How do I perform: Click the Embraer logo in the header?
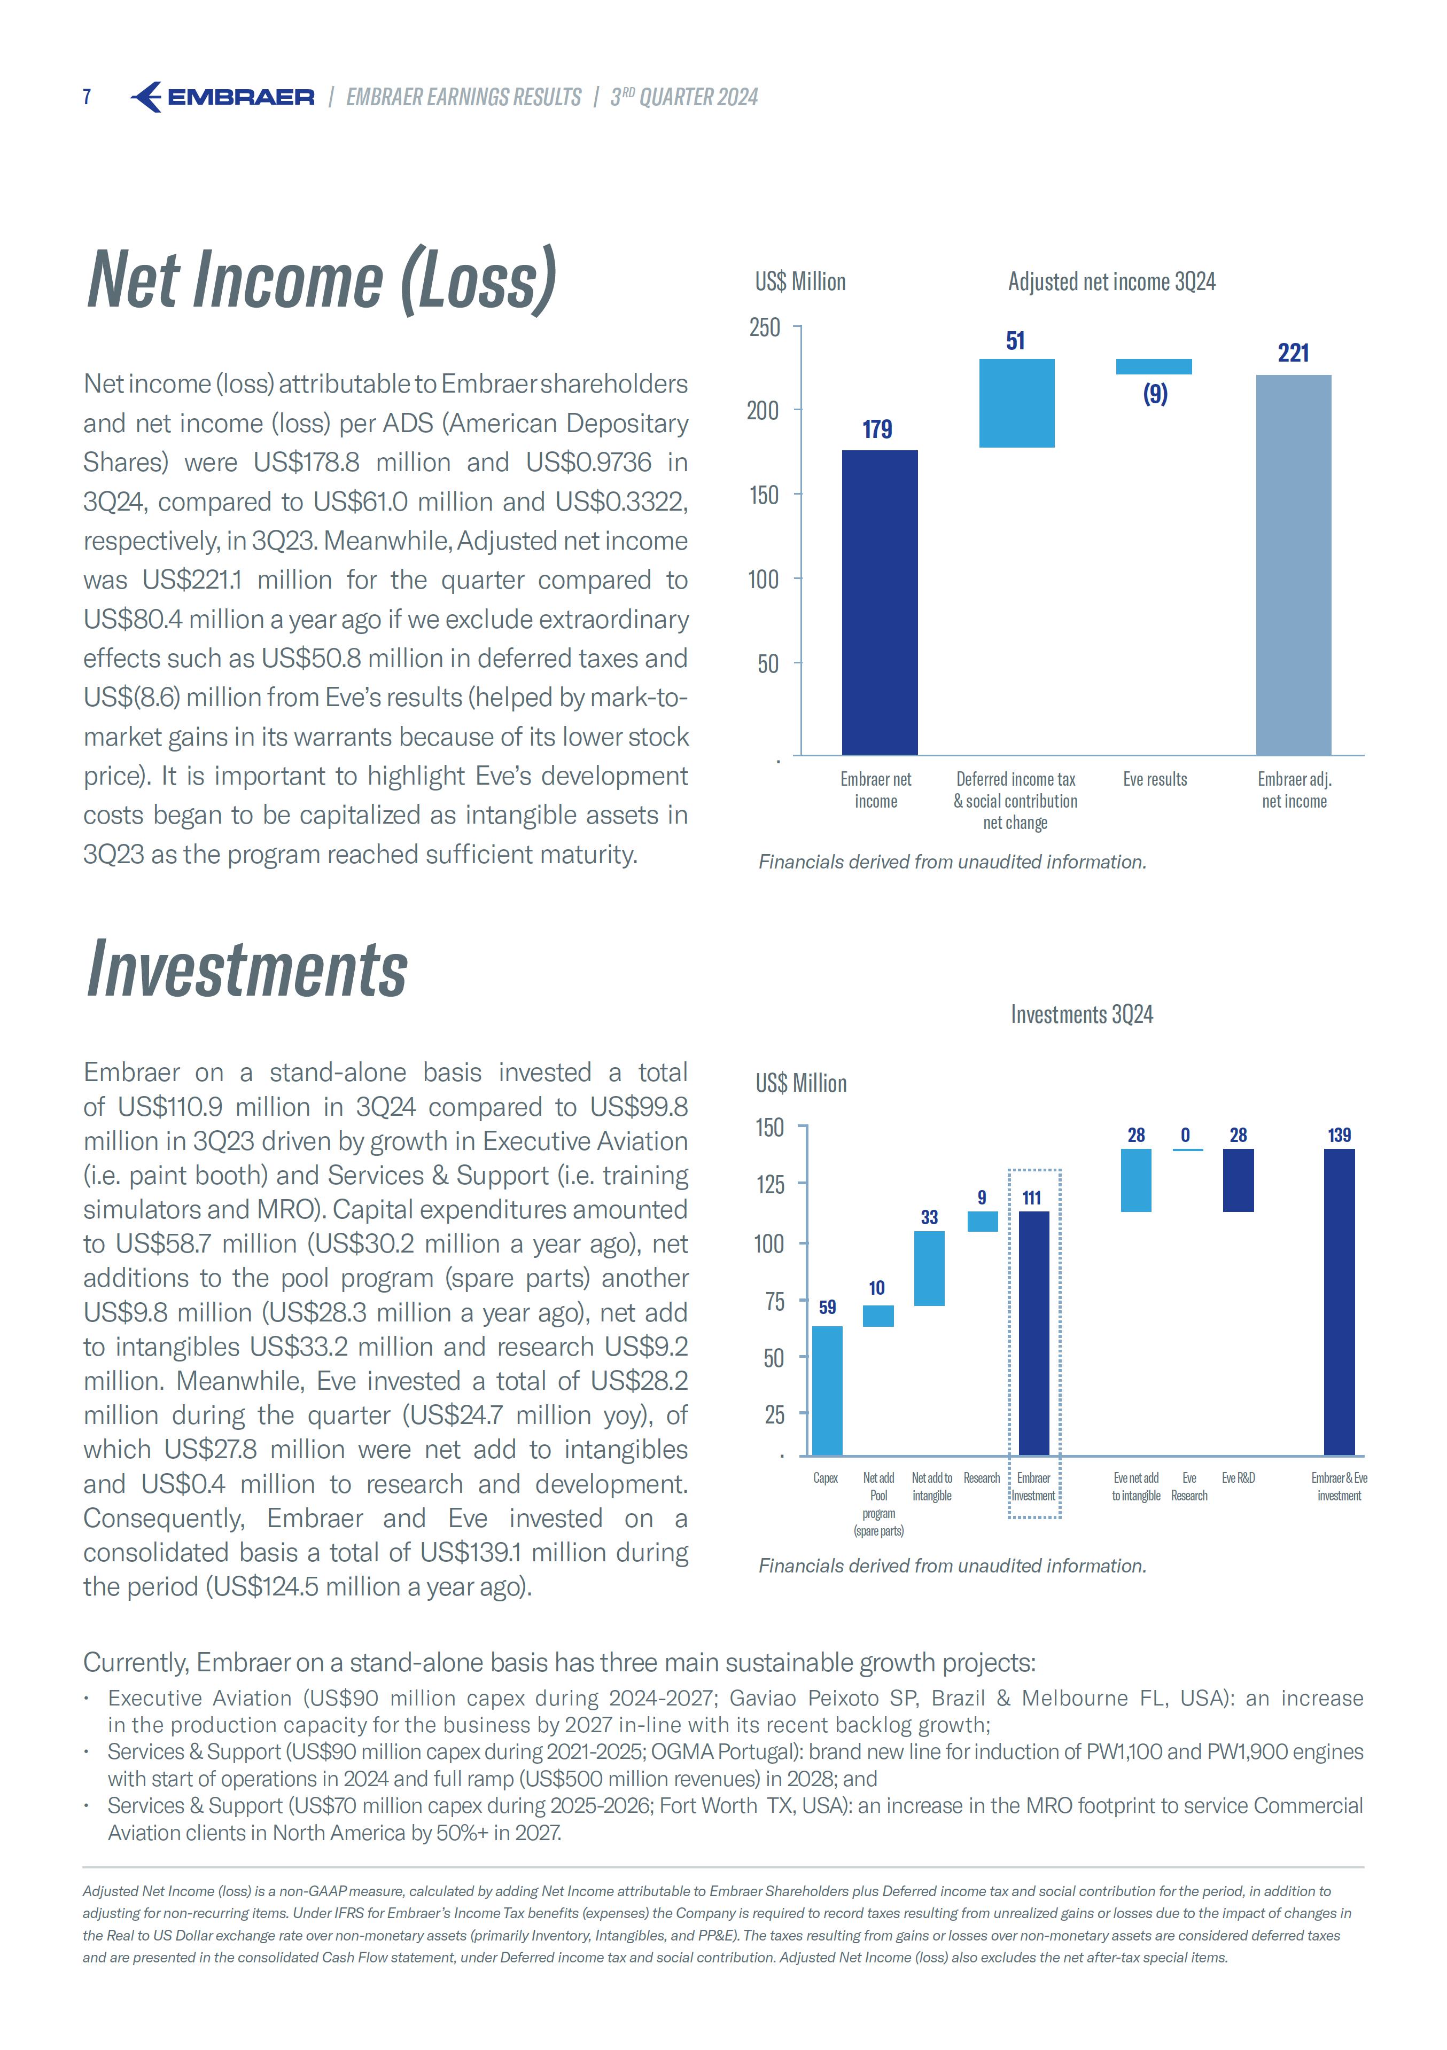(x=222, y=97)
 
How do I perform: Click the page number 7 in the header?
(x=87, y=97)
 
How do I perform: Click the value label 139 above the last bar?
(x=1339, y=1135)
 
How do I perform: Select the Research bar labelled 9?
(x=983, y=1220)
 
